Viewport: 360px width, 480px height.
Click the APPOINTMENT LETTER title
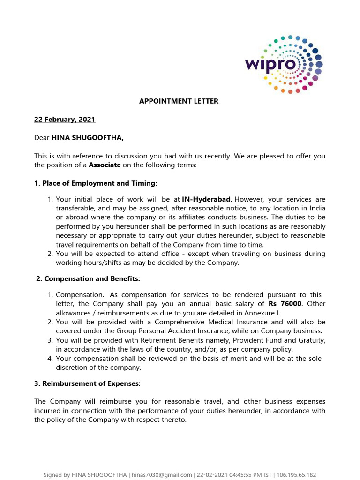pos(179,101)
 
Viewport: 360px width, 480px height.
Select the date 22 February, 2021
pos(65,120)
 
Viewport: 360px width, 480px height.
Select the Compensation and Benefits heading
pos(88,279)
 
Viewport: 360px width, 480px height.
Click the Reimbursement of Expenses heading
pos(87,383)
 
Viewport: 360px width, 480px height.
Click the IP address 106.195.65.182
pos(297,475)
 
